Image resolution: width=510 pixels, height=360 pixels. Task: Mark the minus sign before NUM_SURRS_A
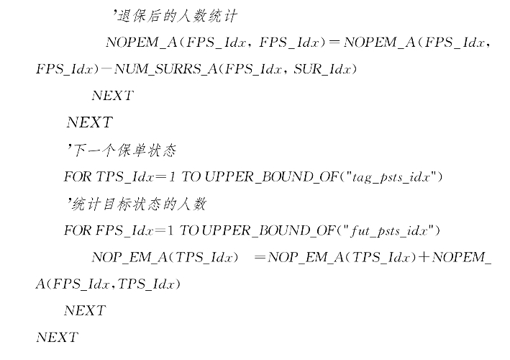(107, 69)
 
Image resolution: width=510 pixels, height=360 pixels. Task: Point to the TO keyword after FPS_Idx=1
(189, 231)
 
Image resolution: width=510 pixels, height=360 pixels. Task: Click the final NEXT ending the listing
(56, 337)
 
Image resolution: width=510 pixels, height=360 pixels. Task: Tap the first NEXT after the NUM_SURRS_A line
(112, 96)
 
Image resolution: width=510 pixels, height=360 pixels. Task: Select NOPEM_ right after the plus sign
(462, 258)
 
